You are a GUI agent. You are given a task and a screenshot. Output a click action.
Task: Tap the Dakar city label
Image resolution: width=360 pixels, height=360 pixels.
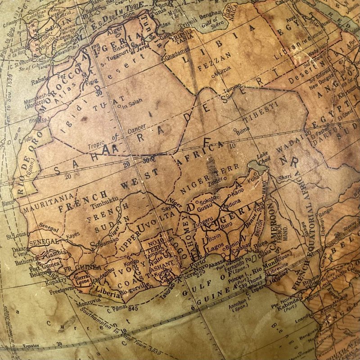[19, 248]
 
